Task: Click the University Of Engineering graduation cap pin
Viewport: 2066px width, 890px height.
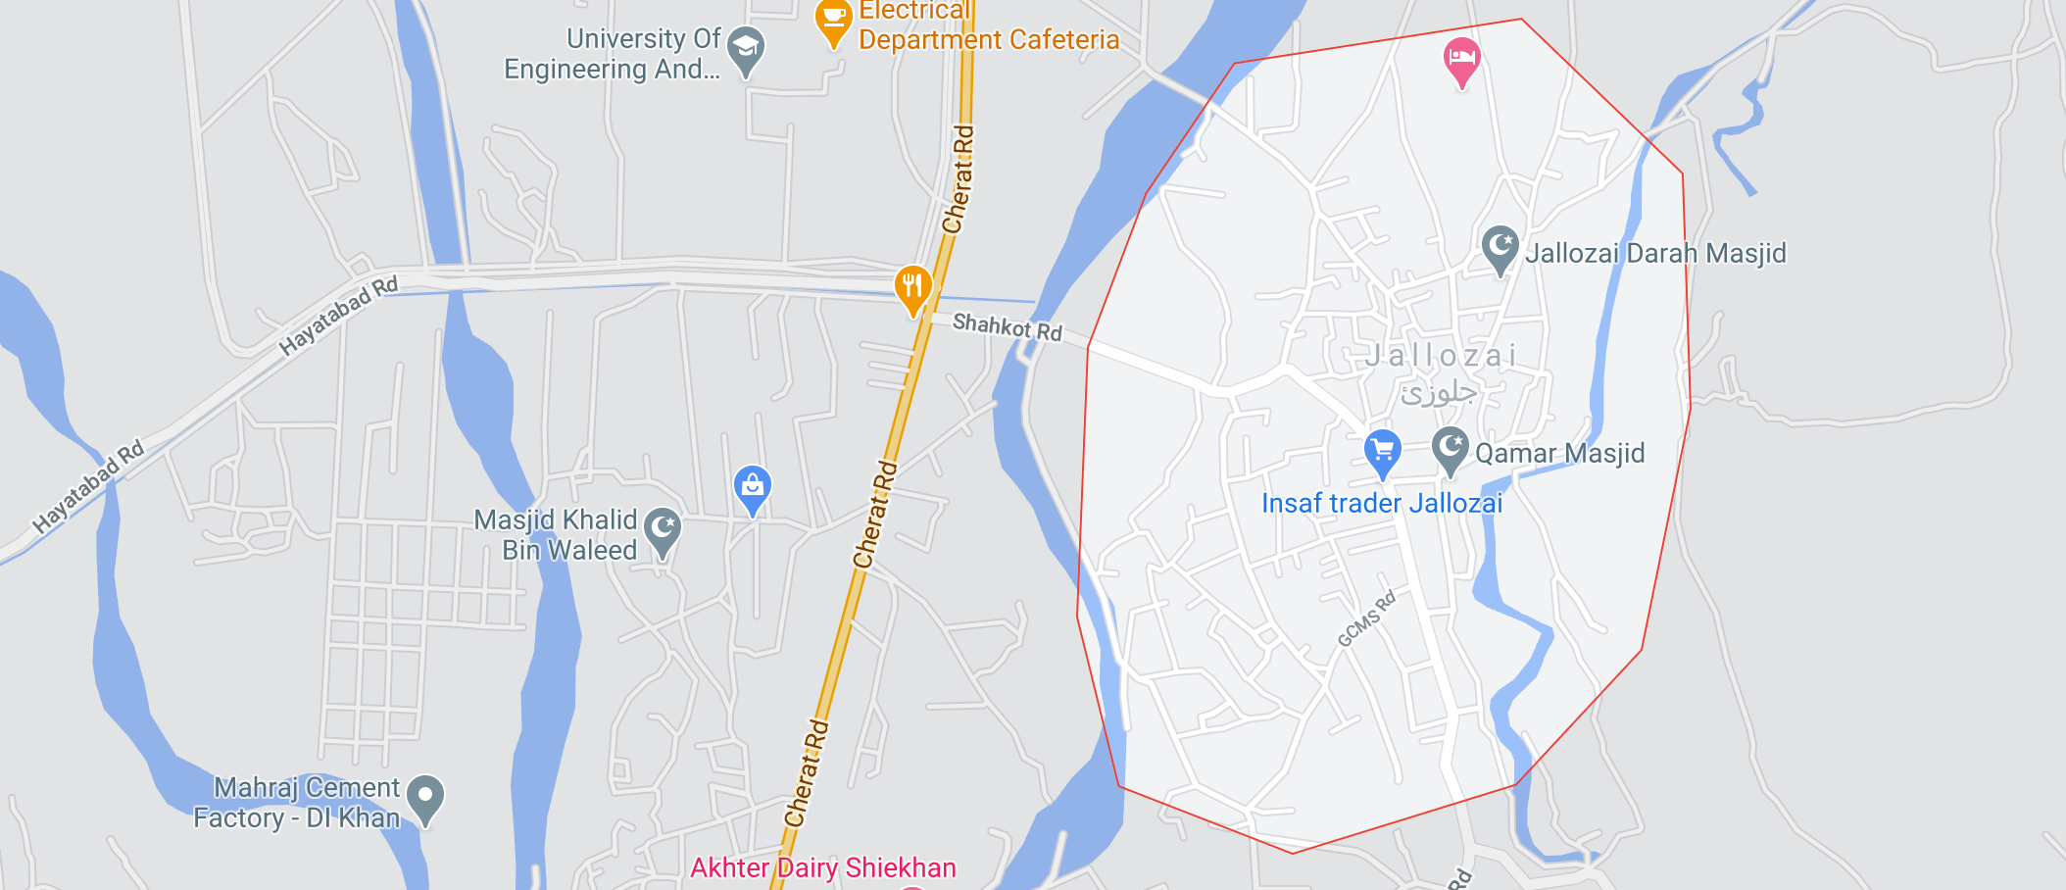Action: (x=746, y=49)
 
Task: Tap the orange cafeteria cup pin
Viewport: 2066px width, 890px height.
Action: (x=833, y=20)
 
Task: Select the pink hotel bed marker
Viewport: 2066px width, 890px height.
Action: (x=1461, y=60)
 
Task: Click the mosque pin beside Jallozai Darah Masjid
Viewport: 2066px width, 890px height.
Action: (x=1500, y=248)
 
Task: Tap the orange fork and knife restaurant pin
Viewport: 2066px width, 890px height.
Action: (x=912, y=288)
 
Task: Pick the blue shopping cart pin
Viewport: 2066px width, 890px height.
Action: (x=1382, y=453)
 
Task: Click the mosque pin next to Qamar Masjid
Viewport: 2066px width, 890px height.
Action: (x=1450, y=450)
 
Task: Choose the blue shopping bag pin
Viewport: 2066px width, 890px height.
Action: (x=752, y=487)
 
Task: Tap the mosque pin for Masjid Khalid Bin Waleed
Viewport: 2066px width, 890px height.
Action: (x=663, y=530)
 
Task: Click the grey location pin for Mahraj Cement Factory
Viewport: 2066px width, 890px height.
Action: (x=425, y=798)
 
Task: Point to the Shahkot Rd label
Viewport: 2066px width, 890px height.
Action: (x=1007, y=325)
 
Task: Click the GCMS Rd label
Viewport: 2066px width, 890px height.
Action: (x=1366, y=619)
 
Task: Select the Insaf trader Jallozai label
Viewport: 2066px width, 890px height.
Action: (x=1381, y=504)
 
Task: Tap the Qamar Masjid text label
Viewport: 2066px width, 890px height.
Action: (x=1559, y=454)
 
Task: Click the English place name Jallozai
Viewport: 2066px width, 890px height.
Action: (x=1441, y=356)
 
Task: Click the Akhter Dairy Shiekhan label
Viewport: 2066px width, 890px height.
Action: (x=822, y=868)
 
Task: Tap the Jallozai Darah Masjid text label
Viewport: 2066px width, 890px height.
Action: (x=1655, y=254)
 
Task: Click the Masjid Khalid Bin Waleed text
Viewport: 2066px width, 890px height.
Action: (x=556, y=535)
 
